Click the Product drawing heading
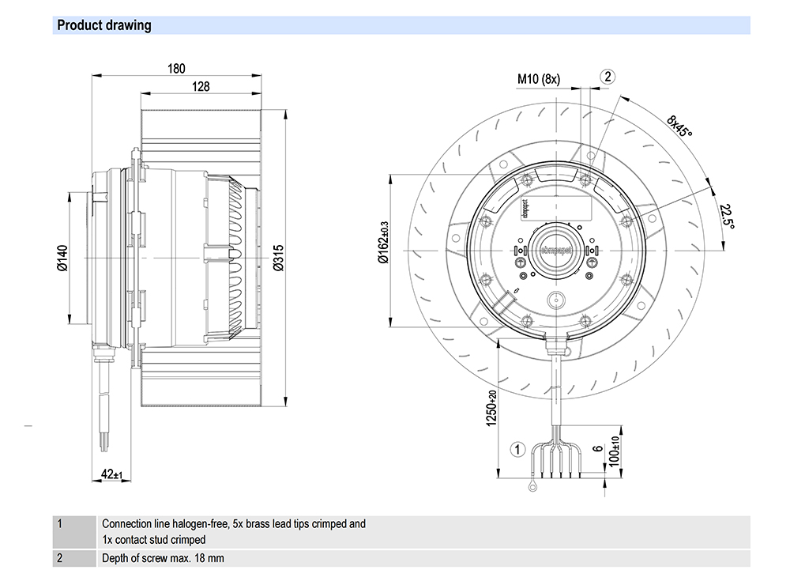tap(104, 25)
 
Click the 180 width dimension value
tap(176, 69)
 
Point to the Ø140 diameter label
tap(62, 258)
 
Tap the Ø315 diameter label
tap(278, 258)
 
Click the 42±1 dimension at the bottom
tap(111, 474)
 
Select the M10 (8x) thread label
tap(539, 79)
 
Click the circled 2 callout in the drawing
tap(607, 77)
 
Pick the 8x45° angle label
tap(679, 126)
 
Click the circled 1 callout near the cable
tap(518, 450)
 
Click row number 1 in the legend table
tap(59, 523)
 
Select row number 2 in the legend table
tap(59, 557)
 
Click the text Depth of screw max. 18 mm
tap(163, 558)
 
